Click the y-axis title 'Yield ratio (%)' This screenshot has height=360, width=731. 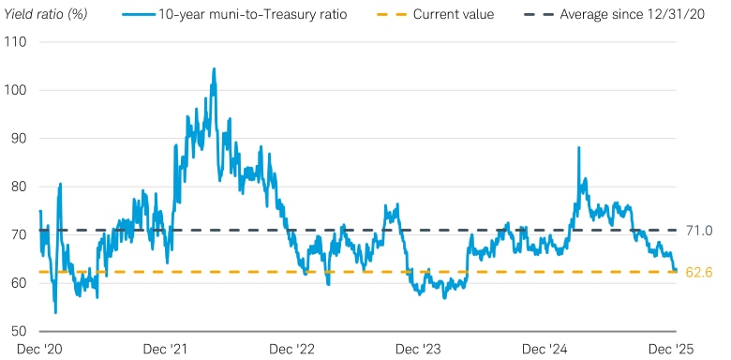point(49,14)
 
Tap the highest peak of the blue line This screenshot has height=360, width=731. point(214,68)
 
